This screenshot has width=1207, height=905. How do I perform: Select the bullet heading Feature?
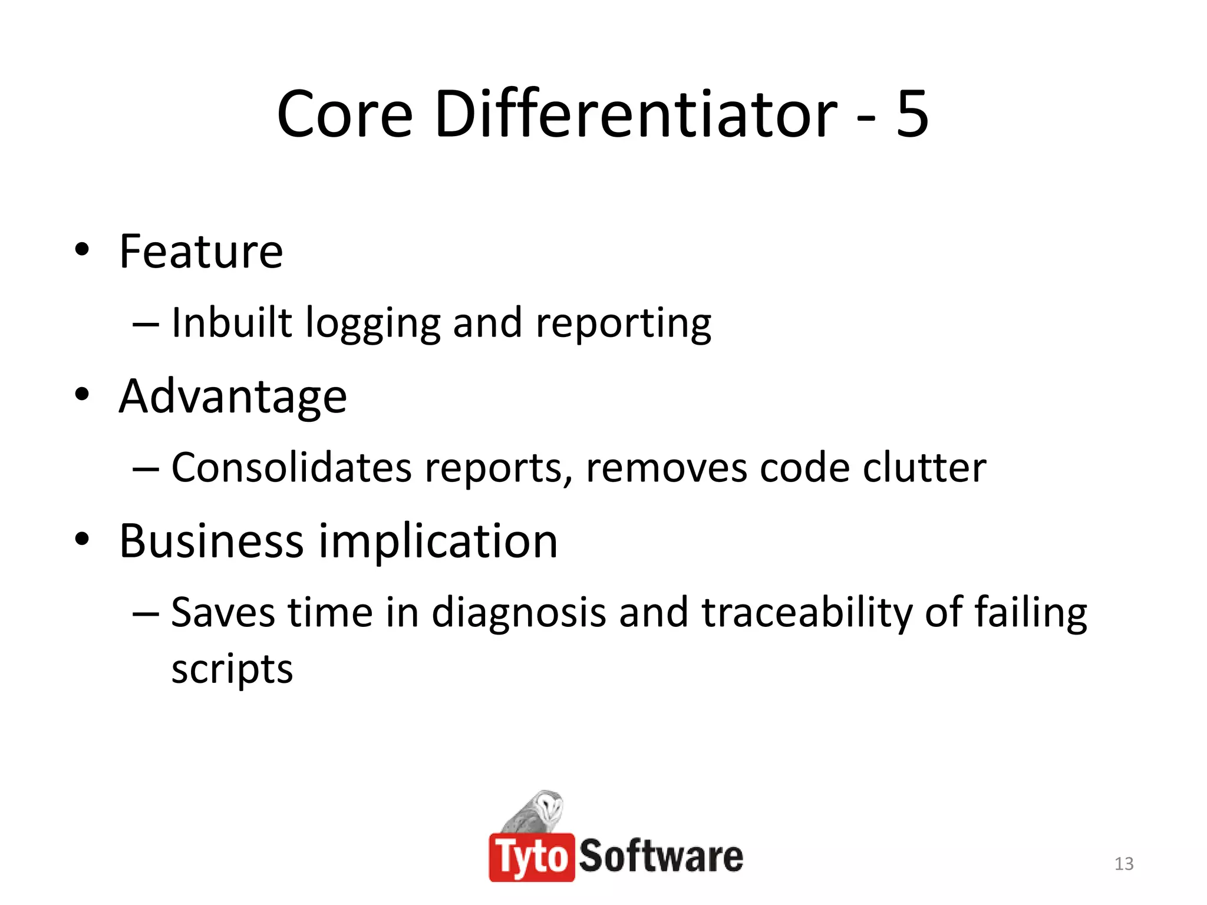[x=201, y=252]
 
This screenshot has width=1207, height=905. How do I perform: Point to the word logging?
[x=372, y=324]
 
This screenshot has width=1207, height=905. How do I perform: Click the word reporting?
[x=623, y=324]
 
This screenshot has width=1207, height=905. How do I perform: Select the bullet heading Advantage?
[x=233, y=397]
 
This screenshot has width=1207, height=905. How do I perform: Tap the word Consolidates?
[x=291, y=468]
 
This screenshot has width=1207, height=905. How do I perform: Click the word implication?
[x=438, y=542]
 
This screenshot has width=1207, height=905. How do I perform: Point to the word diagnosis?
[x=519, y=613]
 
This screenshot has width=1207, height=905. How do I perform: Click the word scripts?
[x=232, y=671]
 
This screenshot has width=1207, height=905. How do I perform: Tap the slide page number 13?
[x=1124, y=864]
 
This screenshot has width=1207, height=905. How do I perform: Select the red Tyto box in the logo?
[x=532, y=857]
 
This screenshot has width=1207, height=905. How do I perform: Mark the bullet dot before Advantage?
[x=82, y=394]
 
